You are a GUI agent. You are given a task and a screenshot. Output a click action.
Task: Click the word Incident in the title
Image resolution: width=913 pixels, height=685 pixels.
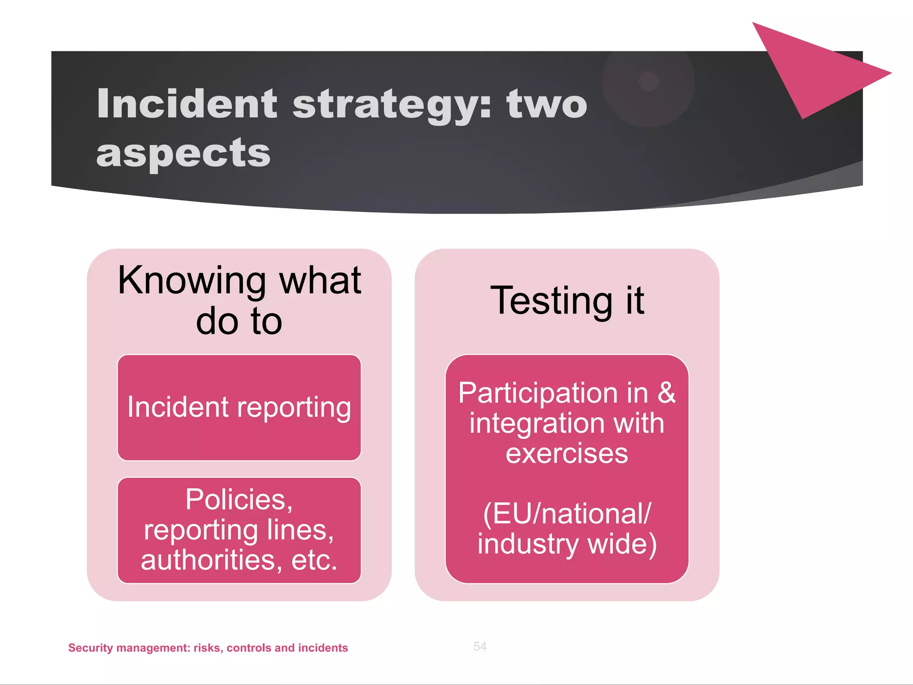click(187, 103)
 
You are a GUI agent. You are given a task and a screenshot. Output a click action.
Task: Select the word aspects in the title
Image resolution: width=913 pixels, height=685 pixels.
click(183, 153)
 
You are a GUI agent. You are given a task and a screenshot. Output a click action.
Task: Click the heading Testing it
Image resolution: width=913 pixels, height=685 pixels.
click(567, 301)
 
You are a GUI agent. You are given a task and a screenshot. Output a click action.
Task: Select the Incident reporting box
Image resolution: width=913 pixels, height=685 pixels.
click(239, 407)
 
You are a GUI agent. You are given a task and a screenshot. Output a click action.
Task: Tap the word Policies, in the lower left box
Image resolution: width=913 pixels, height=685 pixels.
click(239, 499)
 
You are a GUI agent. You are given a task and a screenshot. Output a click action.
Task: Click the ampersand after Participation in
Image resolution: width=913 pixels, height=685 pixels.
click(666, 393)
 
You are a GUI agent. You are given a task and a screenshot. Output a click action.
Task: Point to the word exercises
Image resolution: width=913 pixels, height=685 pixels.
click(567, 454)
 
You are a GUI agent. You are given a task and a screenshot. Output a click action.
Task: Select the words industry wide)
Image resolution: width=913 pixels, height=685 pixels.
click(567, 545)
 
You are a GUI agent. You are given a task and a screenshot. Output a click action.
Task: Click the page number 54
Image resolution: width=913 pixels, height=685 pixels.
click(480, 646)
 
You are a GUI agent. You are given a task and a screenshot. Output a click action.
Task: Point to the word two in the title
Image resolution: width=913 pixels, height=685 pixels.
click(547, 104)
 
